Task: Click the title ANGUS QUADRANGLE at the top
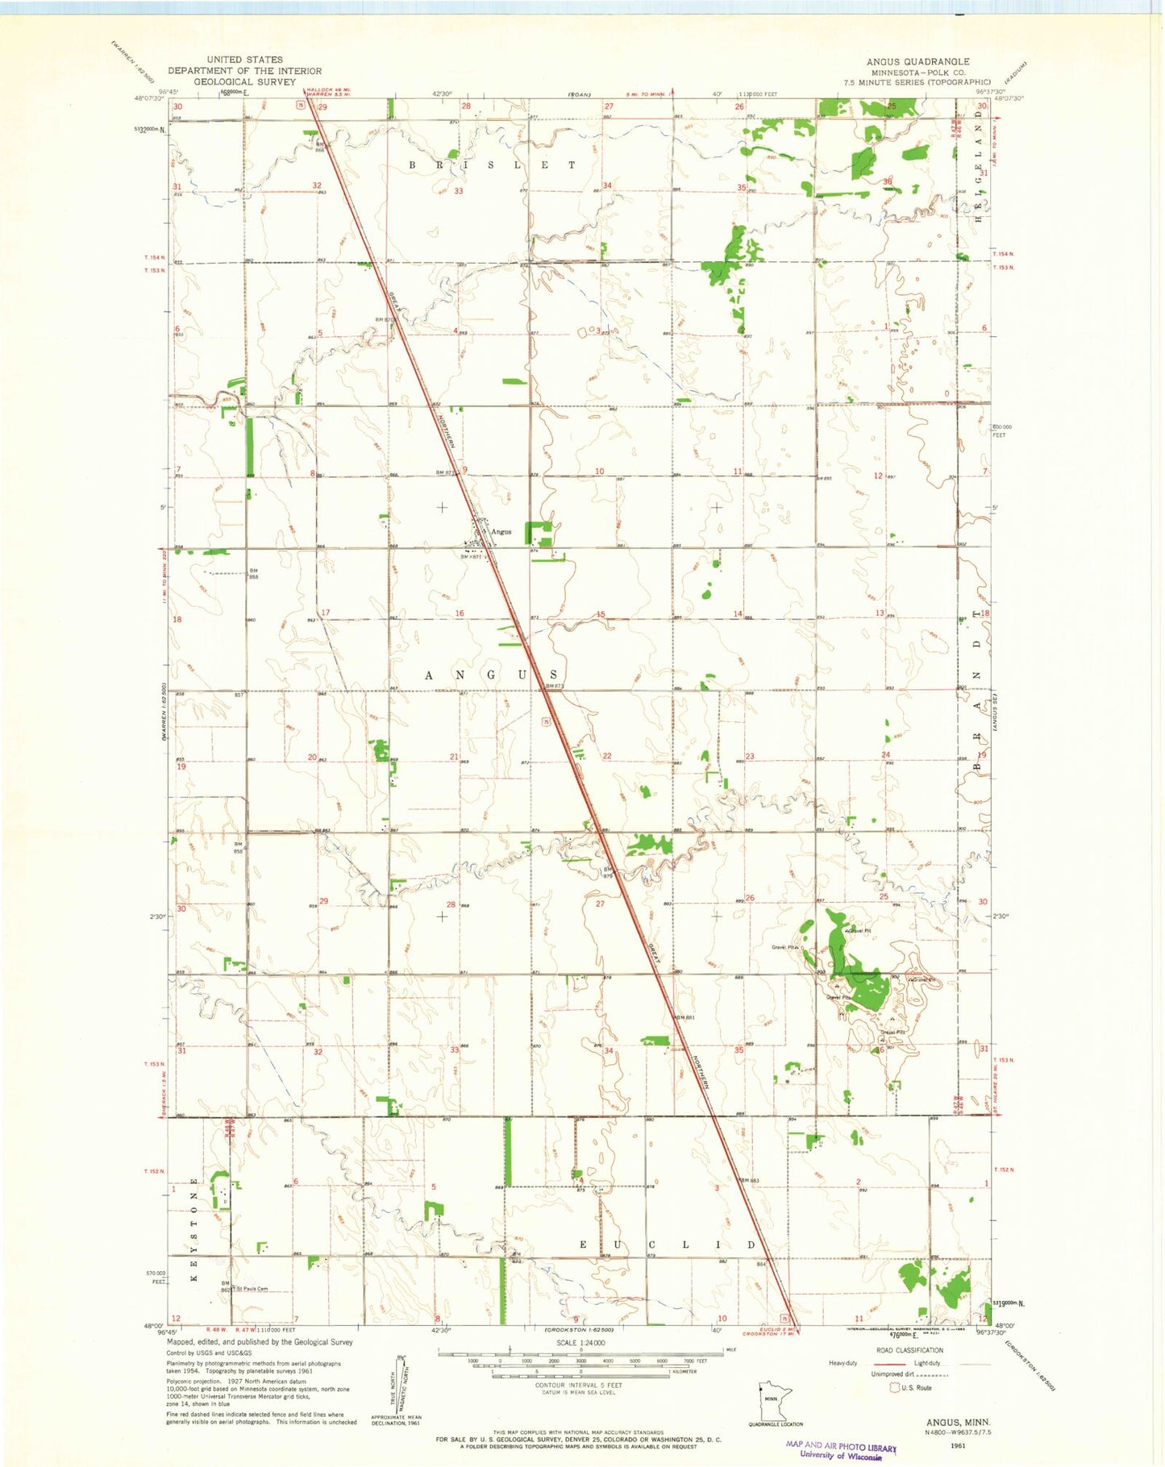pyautogui.click(x=917, y=61)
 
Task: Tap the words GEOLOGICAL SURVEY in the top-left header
pyautogui.click(x=245, y=81)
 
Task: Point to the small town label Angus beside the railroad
pyautogui.click(x=501, y=532)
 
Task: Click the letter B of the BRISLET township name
pyautogui.click(x=412, y=165)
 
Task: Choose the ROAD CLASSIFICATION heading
pyautogui.click(x=909, y=1350)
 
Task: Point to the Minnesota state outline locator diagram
pyautogui.click(x=775, y=1403)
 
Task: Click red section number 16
pyautogui.click(x=460, y=614)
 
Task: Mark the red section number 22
pyautogui.click(x=607, y=756)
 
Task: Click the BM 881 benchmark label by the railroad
pyautogui.click(x=684, y=1018)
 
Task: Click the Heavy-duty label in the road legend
pyautogui.click(x=843, y=1363)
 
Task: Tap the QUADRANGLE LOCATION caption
pyautogui.click(x=775, y=1424)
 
